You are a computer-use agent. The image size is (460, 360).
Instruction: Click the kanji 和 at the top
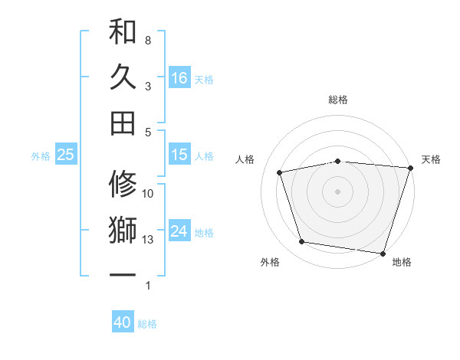click(x=123, y=32)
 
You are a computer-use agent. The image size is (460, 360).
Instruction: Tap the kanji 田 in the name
click(x=123, y=122)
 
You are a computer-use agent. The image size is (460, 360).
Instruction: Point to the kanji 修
click(x=123, y=184)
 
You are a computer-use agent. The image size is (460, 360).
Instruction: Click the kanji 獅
click(x=123, y=230)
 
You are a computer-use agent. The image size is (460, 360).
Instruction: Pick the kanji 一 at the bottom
click(x=123, y=273)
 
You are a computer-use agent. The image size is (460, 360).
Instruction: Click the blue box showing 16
click(x=179, y=78)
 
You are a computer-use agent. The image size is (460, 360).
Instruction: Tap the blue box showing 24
click(x=179, y=232)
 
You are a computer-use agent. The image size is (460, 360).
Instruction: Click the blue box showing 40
click(x=123, y=322)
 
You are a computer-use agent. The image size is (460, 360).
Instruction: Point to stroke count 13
click(x=148, y=240)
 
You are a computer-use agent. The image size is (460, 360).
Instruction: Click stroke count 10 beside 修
click(x=148, y=194)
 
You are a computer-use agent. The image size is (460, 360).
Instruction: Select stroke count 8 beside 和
click(x=148, y=40)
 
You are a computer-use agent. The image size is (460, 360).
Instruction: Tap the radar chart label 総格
click(x=338, y=100)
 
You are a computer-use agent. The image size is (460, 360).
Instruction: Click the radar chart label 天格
click(x=432, y=159)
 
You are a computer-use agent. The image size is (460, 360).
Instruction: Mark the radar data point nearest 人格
click(x=281, y=172)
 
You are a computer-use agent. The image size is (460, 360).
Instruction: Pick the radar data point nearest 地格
click(x=383, y=253)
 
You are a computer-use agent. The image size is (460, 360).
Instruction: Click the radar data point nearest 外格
click(x=302, y=242)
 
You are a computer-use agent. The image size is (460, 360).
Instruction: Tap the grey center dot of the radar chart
click(x=338, y=191)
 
